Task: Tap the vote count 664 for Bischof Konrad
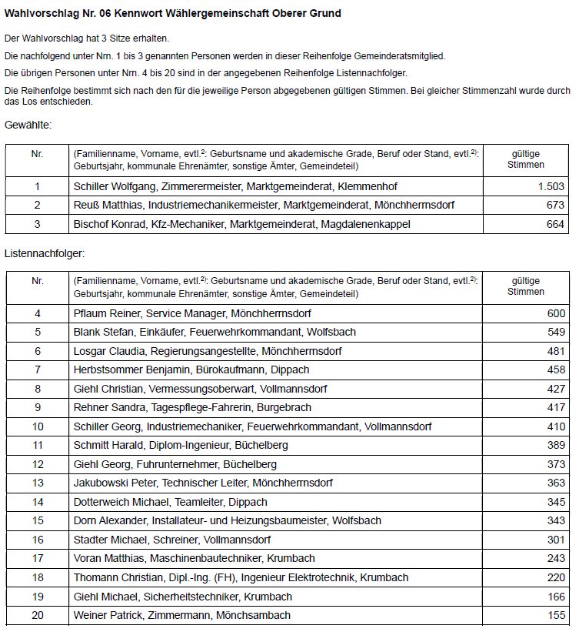(x=555, y=224)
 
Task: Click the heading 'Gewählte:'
(x=28, y=125)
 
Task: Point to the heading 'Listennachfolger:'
(x=45, y=252)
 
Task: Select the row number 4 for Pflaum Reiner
(x=37, y=313)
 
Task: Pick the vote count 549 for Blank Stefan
(x=555, y=333)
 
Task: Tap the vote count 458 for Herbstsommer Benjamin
(x=555, y=370)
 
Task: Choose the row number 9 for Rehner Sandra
(x=37, y=408)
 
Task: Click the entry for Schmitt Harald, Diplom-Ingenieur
(x=181, y=446)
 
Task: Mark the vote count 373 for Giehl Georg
(x=555, y=464)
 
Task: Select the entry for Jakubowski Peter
(x=203, y=483)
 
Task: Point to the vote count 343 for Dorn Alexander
(x=555, y=521)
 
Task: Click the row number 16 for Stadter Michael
(x=37, y=540)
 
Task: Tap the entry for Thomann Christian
(x=241, y=577)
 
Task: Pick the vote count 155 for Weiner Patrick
(x=555, y=615)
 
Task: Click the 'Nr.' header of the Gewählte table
(x=37, y=154)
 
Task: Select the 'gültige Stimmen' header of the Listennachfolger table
(x=527, y=286)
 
